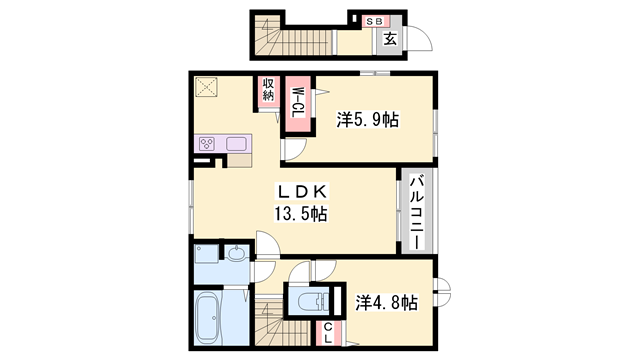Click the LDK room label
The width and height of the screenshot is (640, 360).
302,191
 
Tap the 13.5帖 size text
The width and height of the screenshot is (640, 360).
300,213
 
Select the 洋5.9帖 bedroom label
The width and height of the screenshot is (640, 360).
368,120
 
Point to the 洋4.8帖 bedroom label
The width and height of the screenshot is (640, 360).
386,303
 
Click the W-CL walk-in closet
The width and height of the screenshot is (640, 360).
298,103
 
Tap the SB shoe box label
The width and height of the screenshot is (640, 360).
374,21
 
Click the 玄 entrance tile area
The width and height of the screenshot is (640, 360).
389,39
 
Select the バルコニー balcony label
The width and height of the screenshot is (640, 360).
417,212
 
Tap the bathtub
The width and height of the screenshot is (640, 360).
208,317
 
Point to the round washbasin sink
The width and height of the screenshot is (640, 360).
237,254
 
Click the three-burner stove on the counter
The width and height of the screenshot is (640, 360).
207,144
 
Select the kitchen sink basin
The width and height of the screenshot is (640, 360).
236,144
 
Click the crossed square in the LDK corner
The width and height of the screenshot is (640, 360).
206,87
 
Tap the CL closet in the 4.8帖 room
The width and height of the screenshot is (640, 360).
328,333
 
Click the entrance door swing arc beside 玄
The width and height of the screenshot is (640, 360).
421,39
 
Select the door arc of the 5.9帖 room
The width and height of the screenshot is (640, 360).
295,149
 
